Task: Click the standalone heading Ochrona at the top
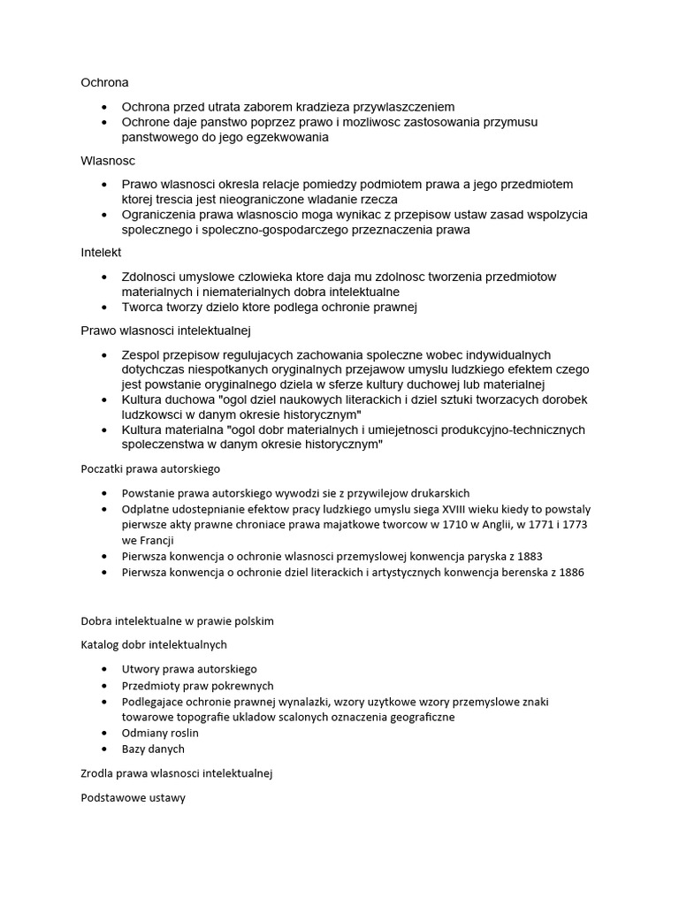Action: (x=104, y=82)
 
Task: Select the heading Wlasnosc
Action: (x=107, y=161)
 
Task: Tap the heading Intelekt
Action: (x=102, y=253)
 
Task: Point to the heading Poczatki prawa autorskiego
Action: (x=150, y=468)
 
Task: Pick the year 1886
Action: (x=571, y=572)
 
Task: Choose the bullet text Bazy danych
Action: (x=153, y=749)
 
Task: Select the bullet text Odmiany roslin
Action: (x=160, y=733)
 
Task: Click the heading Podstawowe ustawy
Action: (x=133, y=796)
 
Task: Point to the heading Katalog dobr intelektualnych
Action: (x=154, y=644)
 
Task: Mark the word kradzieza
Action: (x=331, y=106)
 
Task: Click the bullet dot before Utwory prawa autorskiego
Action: (x=103, y=670)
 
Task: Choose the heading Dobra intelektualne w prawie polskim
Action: (x=177, y=620)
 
